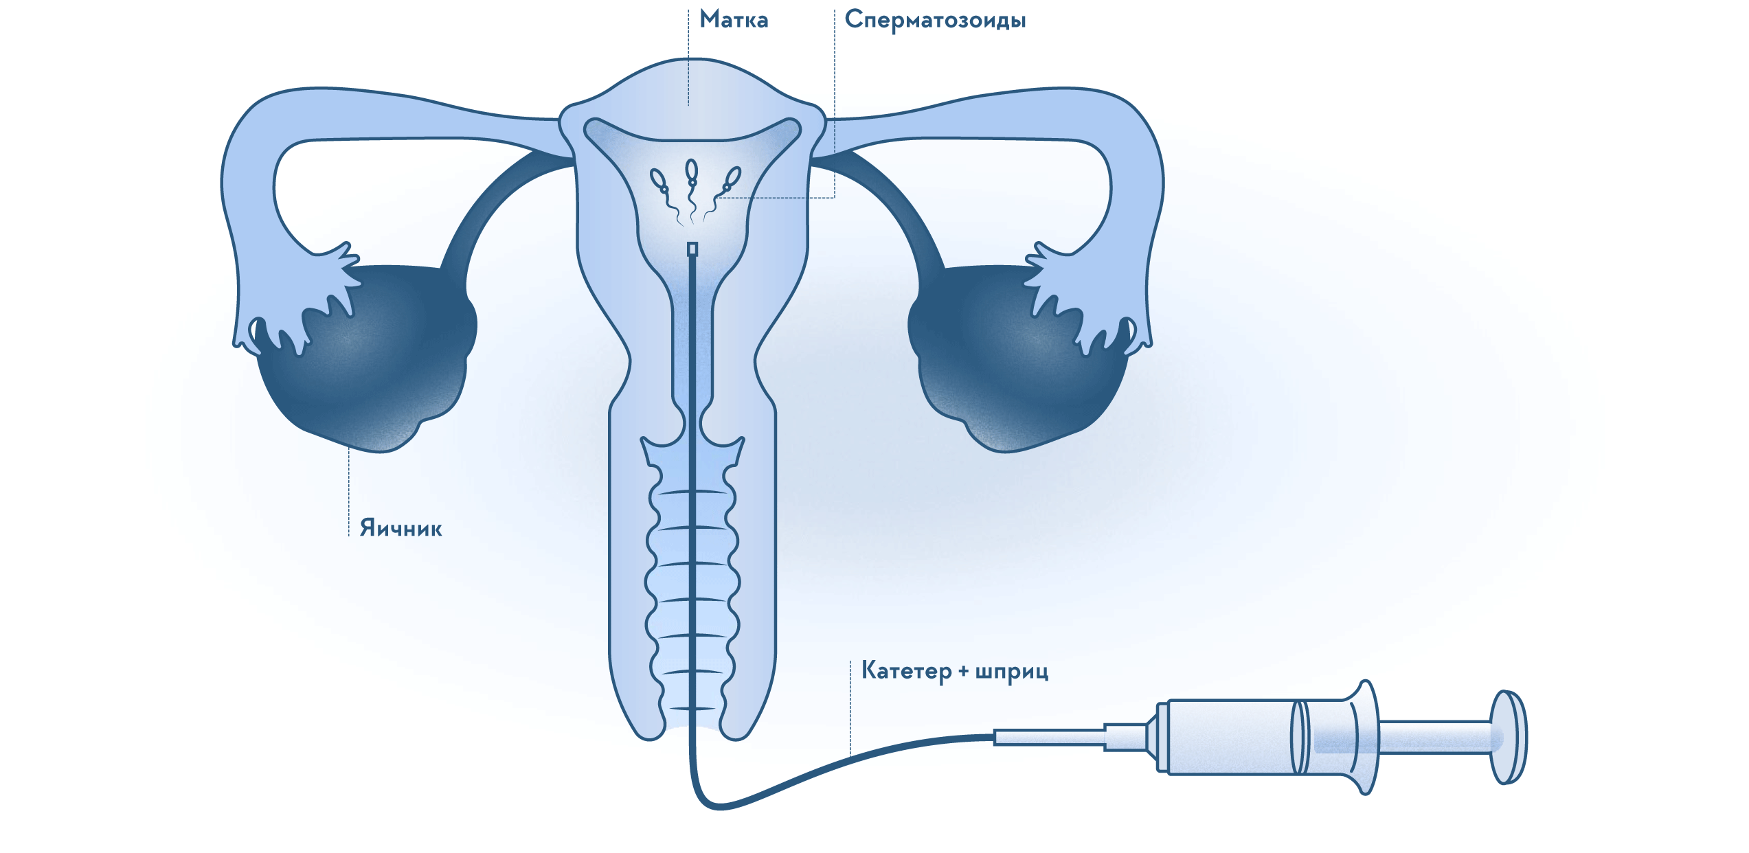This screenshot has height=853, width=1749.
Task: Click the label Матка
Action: (x=734, y=20)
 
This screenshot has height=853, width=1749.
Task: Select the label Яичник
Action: (x=400, y=527)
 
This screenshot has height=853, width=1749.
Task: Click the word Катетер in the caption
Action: (x=906, y=670)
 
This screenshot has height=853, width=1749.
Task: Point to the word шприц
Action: (x=1012, y=672)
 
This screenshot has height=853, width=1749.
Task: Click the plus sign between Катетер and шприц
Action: (x=963, y=671)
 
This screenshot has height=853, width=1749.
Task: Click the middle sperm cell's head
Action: (x=692, y=170)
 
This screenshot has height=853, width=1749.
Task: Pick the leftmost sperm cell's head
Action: (x=658, y=179)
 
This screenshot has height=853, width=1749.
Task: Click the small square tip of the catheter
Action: (x=692, y=249)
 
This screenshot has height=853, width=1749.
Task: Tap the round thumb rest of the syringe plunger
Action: (x=1508, y=737)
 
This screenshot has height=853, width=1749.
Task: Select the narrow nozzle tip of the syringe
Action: (x=1048, y=738)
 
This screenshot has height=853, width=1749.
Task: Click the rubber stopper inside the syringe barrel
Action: (x=1300, y=737)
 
